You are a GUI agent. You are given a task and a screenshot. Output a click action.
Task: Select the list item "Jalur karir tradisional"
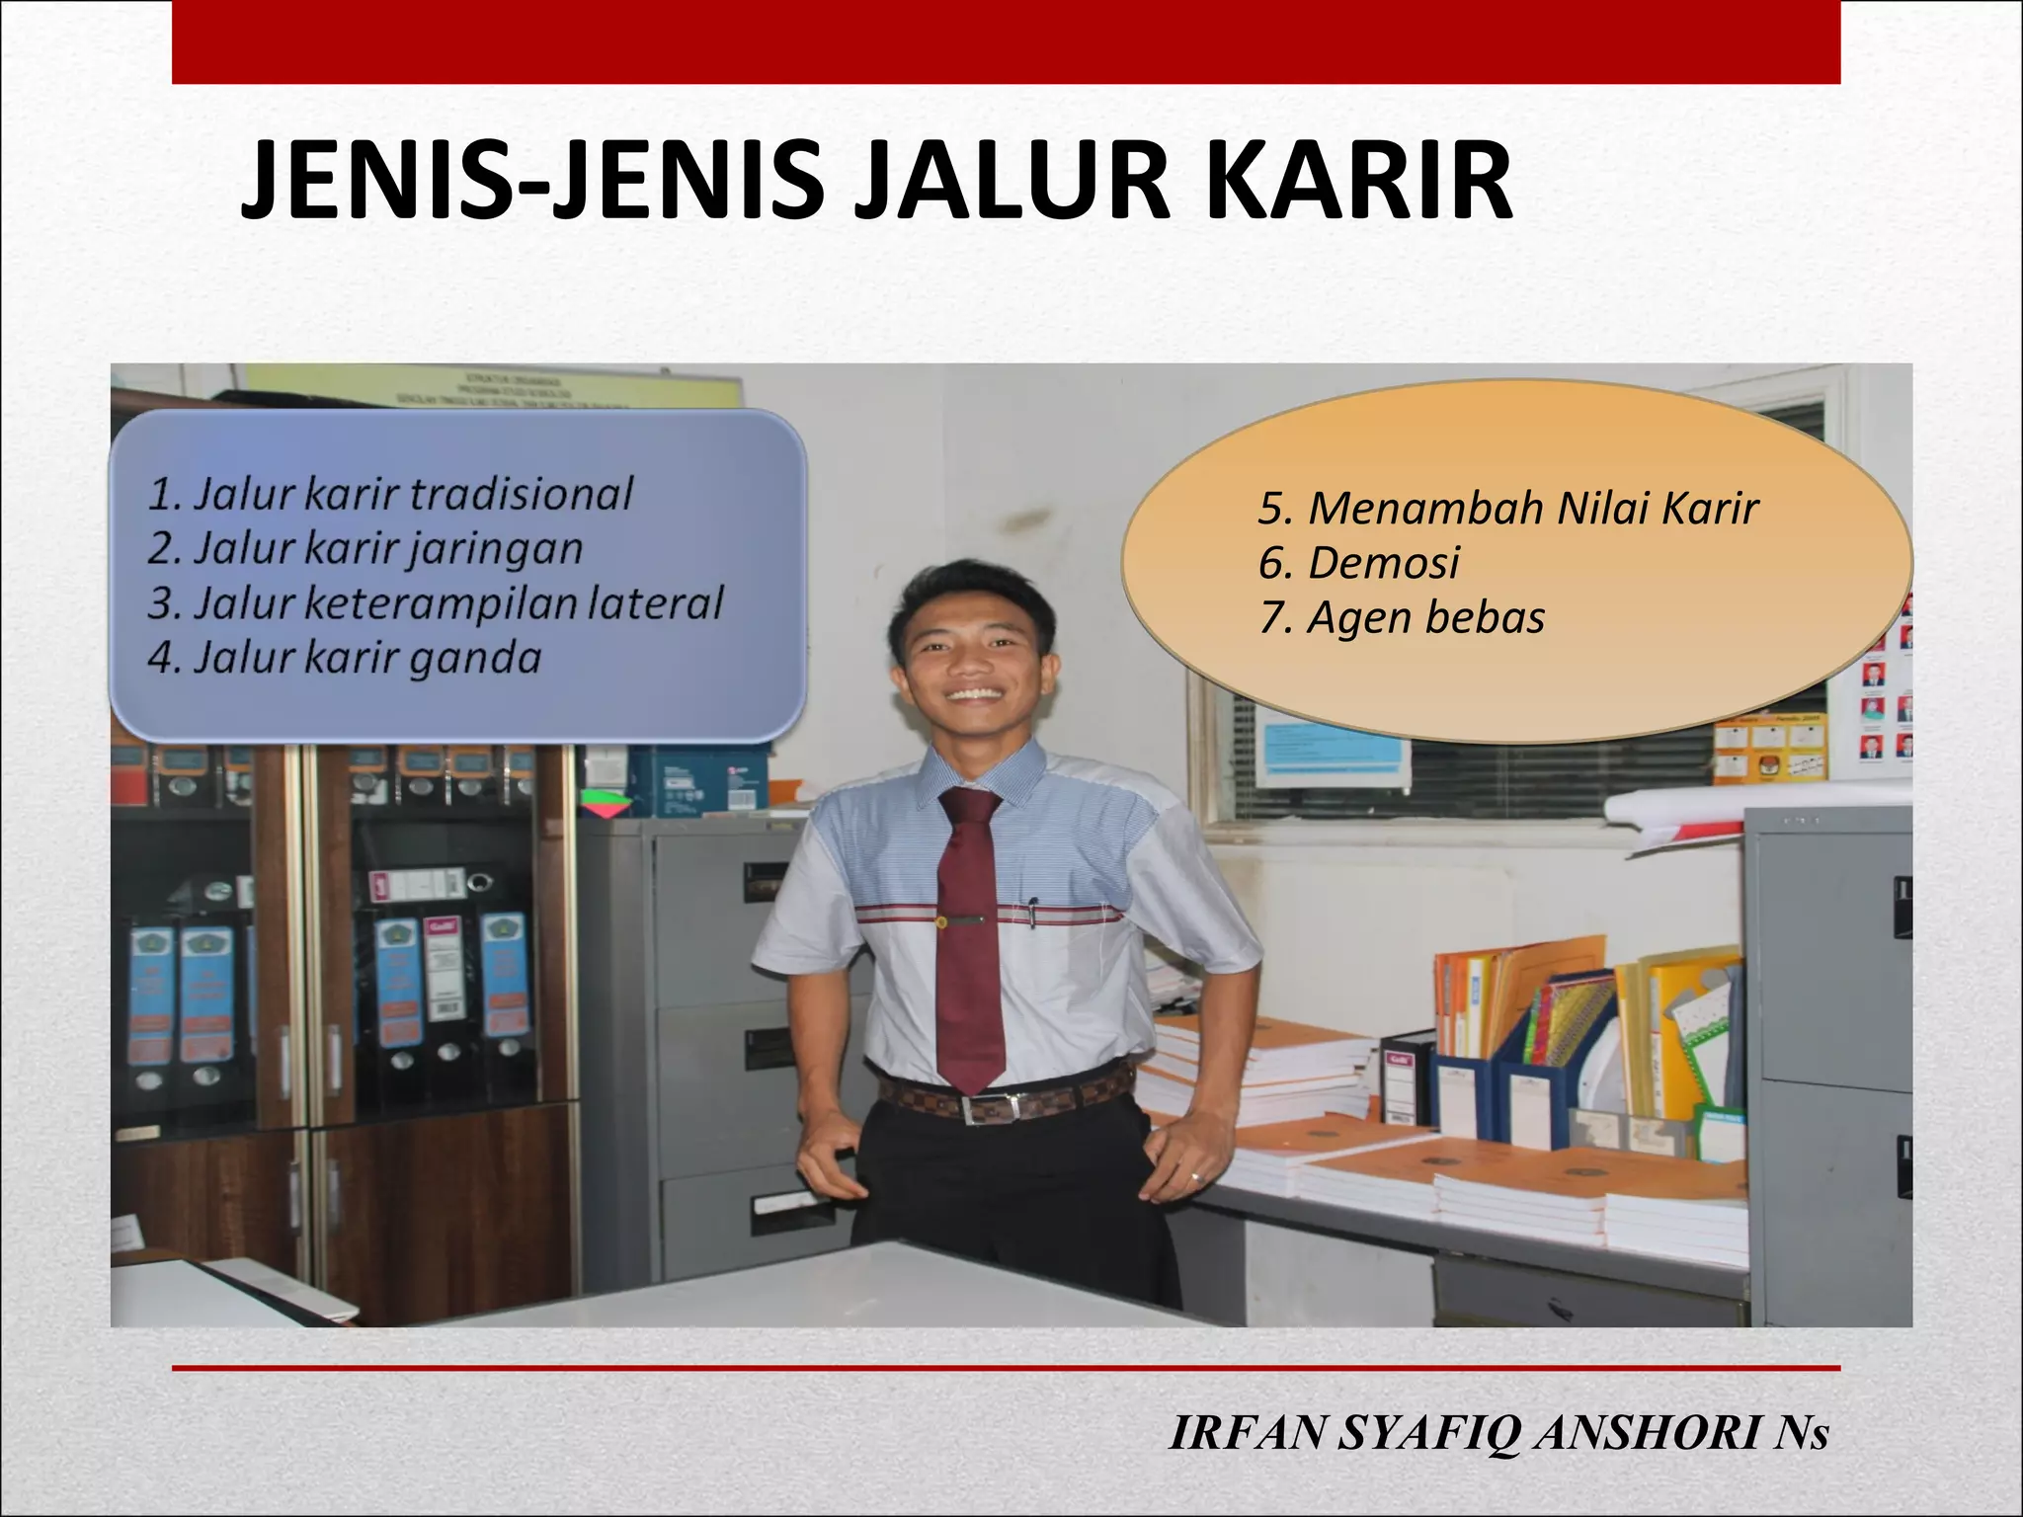[390, 494]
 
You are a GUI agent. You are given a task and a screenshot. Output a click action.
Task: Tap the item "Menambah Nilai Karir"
[1508, 509]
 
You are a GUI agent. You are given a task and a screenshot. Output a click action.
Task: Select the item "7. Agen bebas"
[1402, 618]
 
